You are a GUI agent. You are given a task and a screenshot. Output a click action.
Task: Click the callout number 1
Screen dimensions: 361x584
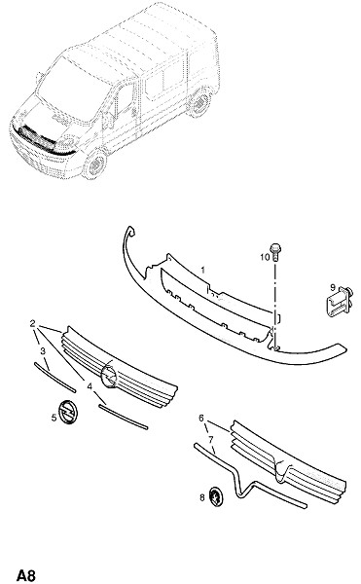point(202,270)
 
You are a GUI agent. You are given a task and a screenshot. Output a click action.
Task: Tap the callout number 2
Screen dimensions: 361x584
point(33,323)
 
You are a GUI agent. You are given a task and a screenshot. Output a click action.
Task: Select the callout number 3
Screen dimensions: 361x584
point(43,350)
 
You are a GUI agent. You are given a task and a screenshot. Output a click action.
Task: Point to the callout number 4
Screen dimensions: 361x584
point(90,386)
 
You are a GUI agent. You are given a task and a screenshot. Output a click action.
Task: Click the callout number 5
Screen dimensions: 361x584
point(54,418)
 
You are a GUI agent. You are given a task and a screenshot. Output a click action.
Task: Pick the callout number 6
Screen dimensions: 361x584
point(201,419)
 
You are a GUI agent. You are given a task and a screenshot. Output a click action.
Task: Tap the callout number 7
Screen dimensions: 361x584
point(211,440)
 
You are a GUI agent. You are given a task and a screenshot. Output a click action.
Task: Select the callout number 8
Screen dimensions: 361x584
point(202,497)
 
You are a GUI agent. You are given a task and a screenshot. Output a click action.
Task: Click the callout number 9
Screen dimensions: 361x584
point(333,287)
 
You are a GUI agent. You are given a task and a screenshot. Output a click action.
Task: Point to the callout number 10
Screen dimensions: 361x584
point(265,257)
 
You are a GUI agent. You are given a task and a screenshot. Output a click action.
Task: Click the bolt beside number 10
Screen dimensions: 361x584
point(275,252)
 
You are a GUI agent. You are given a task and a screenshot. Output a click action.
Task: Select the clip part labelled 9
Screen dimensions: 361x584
point(340,302)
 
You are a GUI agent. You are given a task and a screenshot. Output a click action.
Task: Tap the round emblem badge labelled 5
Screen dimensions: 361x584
point(68,412)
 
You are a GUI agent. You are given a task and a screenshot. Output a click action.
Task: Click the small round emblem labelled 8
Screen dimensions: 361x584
point(216,496)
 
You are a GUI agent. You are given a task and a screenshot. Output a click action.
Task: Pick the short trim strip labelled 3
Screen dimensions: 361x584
point(54,377)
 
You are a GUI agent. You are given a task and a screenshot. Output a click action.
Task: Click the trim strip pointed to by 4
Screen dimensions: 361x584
point(124,418)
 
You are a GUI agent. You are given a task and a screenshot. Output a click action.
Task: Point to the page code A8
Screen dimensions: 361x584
point(26,575)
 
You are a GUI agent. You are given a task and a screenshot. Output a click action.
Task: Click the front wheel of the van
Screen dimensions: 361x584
point(95,164)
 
